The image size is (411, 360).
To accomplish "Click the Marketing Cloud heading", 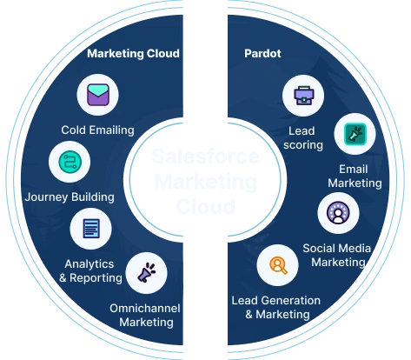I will (x=133, y=54).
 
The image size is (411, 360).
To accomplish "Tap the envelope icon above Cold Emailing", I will (x=97, y=95).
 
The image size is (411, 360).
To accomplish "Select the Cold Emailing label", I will (x=97, y=130).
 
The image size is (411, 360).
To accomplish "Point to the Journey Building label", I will (x=70, y=197).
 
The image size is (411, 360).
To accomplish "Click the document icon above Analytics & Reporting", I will (x=90, y=229).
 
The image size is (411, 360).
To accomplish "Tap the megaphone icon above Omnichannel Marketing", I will (x=146, y=274).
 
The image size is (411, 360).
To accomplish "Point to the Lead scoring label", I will (x=305, y=137).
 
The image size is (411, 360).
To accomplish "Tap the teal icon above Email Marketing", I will (x=354, y=133).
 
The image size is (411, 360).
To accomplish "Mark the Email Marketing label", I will (x=354, y=176).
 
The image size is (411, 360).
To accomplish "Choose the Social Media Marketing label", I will (x=336, y=254).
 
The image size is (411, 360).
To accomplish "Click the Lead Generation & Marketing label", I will (x=276, y=307).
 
